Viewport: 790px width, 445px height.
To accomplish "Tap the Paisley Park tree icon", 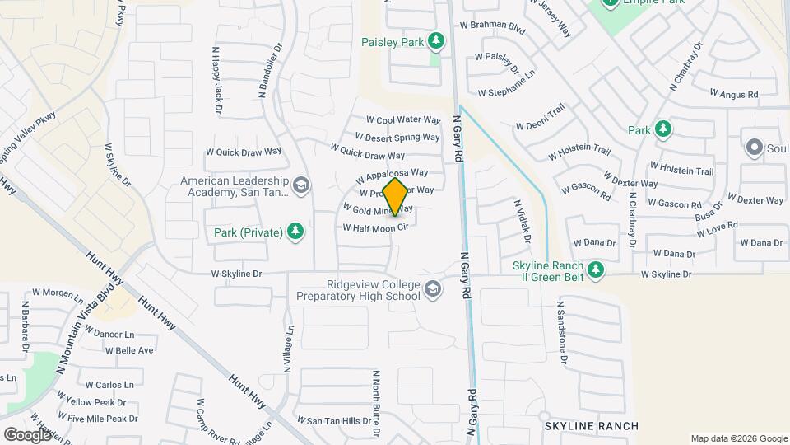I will tap(436, 40).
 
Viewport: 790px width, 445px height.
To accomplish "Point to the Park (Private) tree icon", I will tap(295, 232).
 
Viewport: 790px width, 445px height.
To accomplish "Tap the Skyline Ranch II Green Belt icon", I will tap(595, 268).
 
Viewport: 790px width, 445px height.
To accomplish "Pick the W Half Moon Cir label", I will tap(375, 227).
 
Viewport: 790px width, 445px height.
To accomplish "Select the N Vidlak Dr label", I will tap(522, 220).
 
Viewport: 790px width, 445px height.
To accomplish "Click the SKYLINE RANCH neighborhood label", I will tap(591, 426).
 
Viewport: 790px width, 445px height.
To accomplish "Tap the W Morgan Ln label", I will tap(58, 293).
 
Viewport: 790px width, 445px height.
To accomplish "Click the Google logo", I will tap(28, 434).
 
